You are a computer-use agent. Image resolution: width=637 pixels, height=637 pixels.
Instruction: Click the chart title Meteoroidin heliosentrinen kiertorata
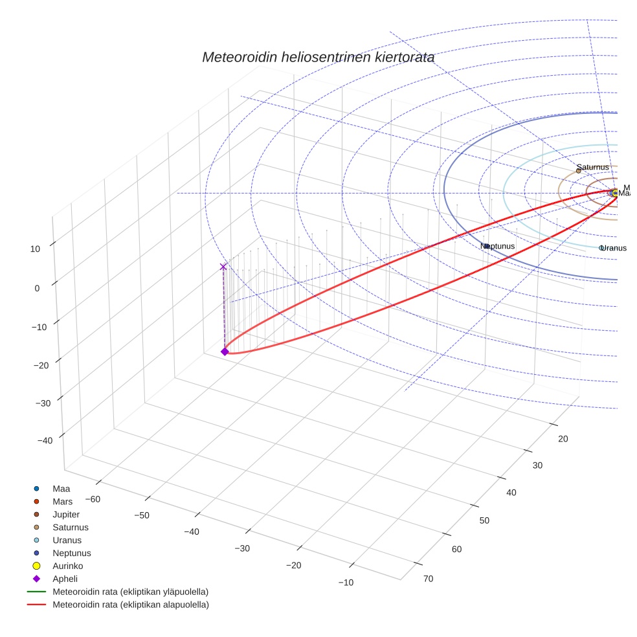(318, 57)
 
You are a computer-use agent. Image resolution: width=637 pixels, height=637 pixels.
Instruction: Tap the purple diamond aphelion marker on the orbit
(225, 352)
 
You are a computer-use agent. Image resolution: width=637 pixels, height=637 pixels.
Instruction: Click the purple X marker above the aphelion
(223, 267)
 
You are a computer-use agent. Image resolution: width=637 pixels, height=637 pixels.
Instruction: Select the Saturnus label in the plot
(593, 167)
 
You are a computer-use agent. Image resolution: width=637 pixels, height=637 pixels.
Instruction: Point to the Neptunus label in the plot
(498, 246)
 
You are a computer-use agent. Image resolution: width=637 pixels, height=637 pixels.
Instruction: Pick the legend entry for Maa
(61, 489)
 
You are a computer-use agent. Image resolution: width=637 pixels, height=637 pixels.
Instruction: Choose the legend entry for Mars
(62, 502)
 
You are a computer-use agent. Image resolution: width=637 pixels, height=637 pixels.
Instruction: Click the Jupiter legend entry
(66, 515)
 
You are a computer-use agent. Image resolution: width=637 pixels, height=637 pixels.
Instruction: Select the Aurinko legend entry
(67, 566)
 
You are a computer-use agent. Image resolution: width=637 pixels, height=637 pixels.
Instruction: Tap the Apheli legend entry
(65, 579)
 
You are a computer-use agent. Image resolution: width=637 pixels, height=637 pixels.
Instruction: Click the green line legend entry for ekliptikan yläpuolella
(130, 592)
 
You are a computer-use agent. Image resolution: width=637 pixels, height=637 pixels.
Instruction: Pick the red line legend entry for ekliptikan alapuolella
(130, 605)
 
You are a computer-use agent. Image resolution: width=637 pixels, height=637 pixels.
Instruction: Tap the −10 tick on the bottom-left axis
(345, 582)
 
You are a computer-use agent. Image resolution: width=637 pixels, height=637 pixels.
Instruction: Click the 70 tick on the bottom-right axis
(428, 578)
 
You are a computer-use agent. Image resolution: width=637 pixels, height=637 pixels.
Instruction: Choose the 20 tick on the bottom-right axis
(563, 439)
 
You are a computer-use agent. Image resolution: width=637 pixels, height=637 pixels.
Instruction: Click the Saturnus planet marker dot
(578, 171)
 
